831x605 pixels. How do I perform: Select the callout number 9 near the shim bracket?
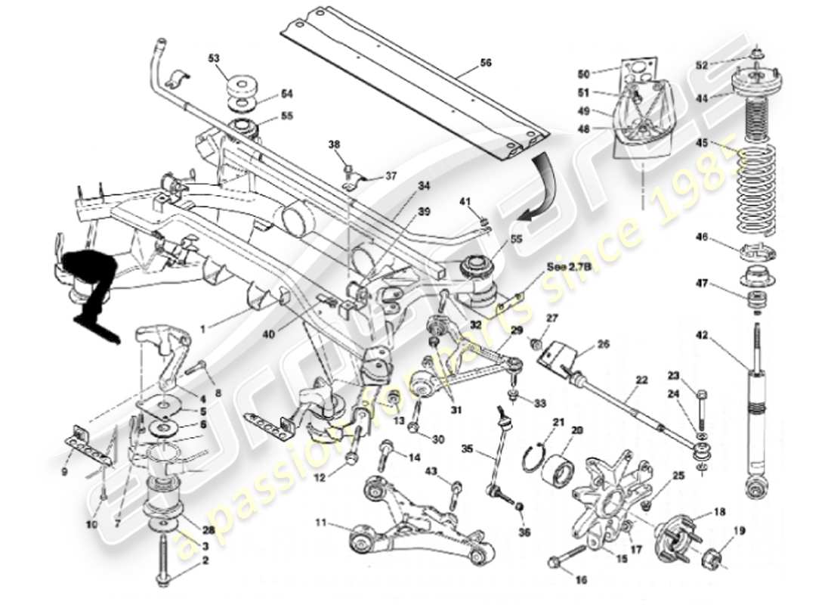(x=64, y=471)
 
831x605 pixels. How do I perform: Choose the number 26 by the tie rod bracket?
(x=603, y=344)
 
